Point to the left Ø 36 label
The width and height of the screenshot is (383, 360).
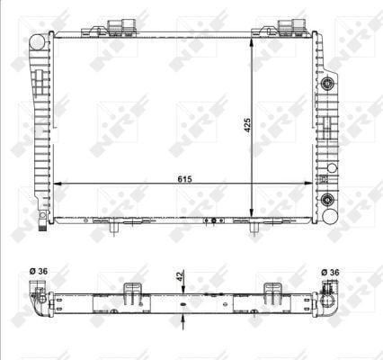tap(37, 272)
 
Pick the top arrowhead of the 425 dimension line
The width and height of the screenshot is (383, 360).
tap(253, 40)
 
